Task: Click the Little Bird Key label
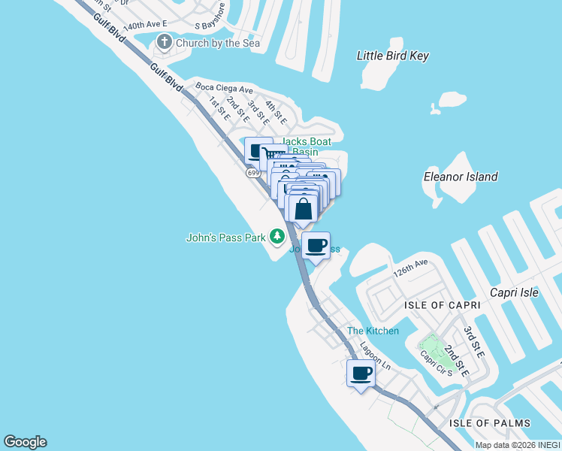click(x=391, y=56)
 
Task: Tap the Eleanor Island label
click(x=461, y=177)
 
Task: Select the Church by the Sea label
click(x=217, y=44)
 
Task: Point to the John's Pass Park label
click(x=226, y=238)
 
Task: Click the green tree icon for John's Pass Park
click(x=277, y=237)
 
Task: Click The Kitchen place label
click(x=373, y=331)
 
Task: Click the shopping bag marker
click(x=304, y=209)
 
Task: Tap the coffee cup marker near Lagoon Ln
click(x=361, y=373)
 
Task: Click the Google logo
click(x=25, y=442)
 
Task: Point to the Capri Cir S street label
click(x=435, y=362)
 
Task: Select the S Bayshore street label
click(x=210, y=20)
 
